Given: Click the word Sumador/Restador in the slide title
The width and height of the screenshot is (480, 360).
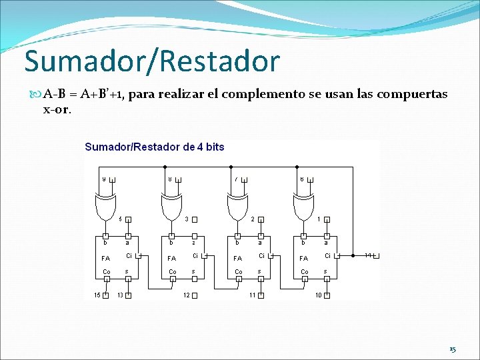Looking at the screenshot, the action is pos(152,61).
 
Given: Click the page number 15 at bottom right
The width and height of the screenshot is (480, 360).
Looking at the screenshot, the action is pos(453,349).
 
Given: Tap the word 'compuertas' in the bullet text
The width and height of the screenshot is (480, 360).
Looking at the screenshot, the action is pos(413,94).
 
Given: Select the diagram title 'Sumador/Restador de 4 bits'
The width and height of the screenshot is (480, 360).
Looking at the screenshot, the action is pos(154,147).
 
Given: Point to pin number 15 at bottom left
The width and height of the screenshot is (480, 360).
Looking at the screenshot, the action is pos(97,295).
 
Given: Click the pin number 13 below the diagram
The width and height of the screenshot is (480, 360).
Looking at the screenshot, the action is pos(120,295).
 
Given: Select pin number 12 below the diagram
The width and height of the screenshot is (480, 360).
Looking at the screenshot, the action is pos(187,295).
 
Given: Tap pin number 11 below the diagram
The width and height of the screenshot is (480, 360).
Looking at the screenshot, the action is pos(253,295).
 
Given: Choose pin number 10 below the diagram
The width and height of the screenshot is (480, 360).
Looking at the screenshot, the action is pos(319,295).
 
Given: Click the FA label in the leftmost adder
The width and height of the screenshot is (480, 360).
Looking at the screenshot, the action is pos(105,258).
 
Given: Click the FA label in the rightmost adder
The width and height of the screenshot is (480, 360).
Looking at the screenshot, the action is pos(304,258).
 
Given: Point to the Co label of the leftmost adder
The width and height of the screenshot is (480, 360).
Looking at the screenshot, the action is pos(106,272).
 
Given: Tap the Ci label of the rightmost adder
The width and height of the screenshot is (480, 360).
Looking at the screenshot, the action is pos(327,256).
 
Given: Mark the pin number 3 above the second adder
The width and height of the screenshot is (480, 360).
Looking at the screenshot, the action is pos(187,219).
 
